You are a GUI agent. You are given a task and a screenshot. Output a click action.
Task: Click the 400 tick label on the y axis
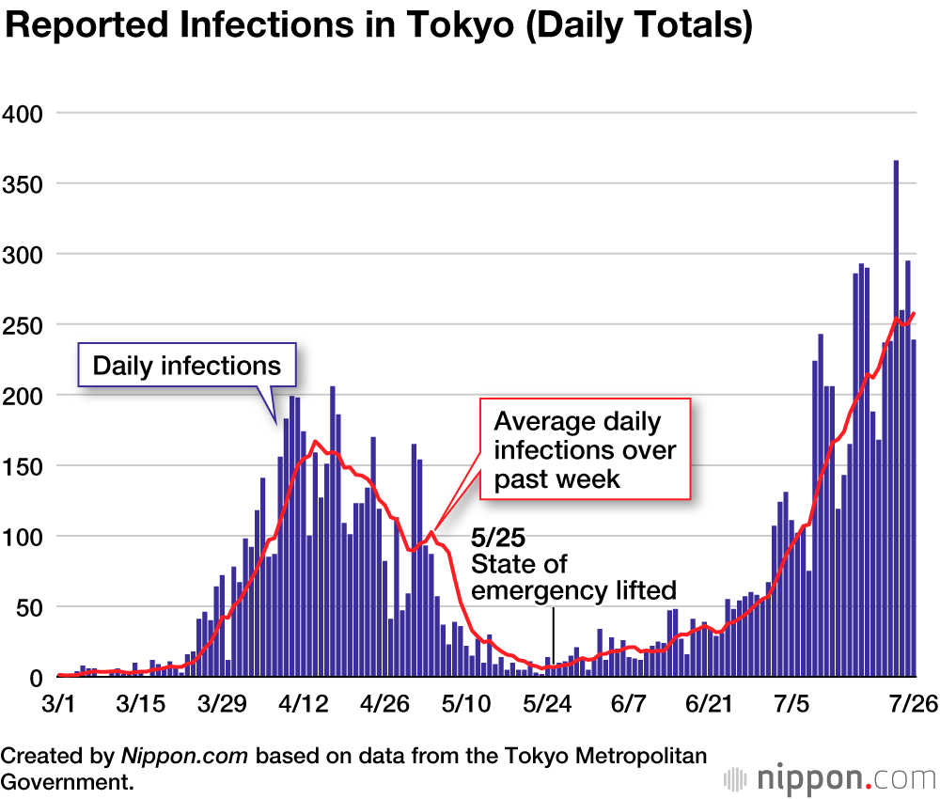click(x=23, y=113)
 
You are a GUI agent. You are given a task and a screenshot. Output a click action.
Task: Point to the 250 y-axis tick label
click(x=23, y=324)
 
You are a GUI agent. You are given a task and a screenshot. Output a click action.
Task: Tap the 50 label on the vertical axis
click(x=29, y=606)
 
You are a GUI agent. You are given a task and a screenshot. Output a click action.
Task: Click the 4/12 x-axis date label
click(x=305, y=703)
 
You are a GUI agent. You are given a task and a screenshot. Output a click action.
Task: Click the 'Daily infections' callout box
click(x=187, y=365)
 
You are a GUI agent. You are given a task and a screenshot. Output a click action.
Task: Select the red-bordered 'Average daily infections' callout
click(x=585, y=450)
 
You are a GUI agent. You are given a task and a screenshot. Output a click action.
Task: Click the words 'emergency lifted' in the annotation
click(x=573, y=590)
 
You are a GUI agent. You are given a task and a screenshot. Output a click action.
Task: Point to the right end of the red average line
click(x=914, y=314)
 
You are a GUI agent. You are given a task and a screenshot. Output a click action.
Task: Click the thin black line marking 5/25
click(x=554, y=639)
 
